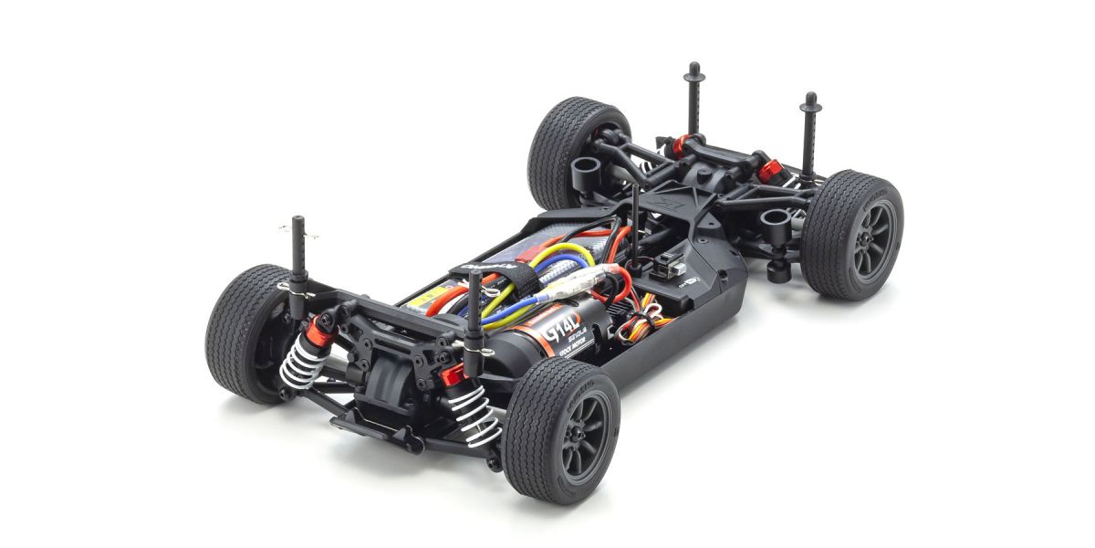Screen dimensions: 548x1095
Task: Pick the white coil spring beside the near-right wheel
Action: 475,416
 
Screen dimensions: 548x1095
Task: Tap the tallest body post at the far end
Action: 694,100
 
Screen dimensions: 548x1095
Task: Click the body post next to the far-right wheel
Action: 808,137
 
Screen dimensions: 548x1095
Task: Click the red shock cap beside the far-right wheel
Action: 769,170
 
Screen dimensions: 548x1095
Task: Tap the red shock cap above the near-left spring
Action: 319,334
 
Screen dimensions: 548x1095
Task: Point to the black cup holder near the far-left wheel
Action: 585,170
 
